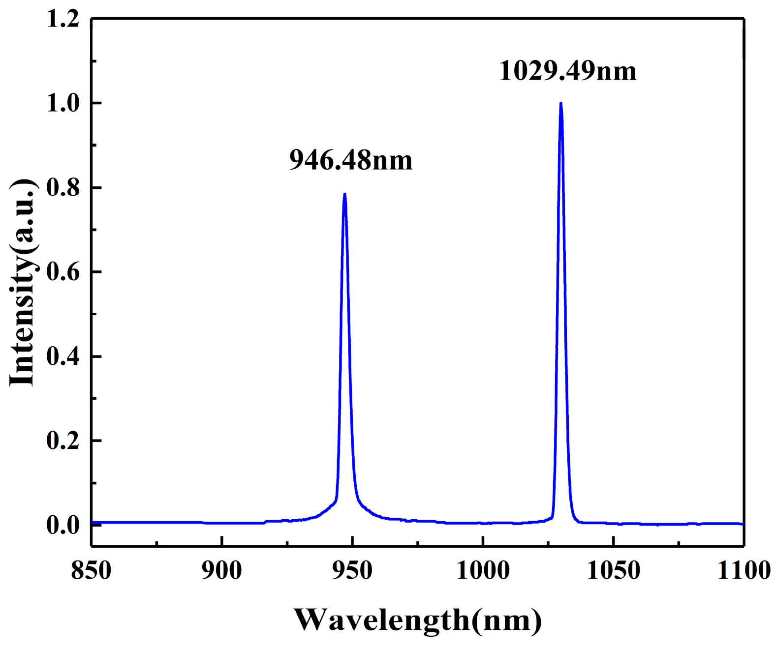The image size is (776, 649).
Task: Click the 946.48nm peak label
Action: coord(350,160)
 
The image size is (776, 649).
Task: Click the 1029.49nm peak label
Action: coord(567,71)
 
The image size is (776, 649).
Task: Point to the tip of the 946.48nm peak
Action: coord(344,194)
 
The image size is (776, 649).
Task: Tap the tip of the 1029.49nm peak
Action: coord(560,103)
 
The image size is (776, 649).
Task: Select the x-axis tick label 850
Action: coord(92,571)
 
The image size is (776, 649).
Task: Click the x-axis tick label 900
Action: coord(222,571)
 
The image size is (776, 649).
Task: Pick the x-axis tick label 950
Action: coord(352,571)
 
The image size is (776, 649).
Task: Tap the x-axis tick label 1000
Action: coord(483,571)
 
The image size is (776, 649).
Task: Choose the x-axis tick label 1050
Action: coord(613,571)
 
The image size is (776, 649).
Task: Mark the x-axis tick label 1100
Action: coord(744,571)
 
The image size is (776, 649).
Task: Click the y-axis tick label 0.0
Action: coord(63,525)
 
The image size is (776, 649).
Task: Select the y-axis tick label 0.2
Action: coord(63,441)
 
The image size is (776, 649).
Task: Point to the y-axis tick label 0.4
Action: coord(63,356)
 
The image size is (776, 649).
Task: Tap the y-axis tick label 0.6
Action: coord(63,272)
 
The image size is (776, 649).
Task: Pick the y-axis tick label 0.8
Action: coord(63,188)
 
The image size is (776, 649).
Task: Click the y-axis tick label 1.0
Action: coord(63,103)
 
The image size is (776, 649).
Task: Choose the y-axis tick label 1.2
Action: coord(63,19)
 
